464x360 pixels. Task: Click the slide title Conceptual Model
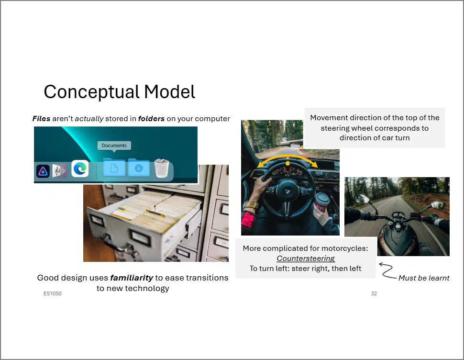(x=120, y=92)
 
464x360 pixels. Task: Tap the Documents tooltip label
(x=114, y=146)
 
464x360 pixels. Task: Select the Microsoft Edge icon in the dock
(x=80, y=169)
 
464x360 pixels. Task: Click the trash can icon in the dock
(x=162, y=168)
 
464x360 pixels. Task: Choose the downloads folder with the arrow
(x=139, y=168)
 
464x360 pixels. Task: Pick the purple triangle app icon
(x=43, y=171)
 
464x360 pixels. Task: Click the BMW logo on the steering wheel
(x=287, y=192)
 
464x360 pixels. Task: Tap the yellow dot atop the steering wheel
(x=287, y=163)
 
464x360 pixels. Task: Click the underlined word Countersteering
(x=306, y=259)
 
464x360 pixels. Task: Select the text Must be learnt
(x=424, y=278)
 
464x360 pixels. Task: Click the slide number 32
(x=374, y=293)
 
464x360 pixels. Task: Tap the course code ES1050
(x=52, y=293)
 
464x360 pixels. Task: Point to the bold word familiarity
(x=132, y=278)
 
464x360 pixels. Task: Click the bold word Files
(x=42, y=119)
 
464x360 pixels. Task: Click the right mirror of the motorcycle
(x=438, y=205)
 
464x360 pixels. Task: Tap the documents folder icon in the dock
(x=114, y=168)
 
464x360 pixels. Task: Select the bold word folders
(x=151, y=119)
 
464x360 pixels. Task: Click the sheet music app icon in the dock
(x=59, y=171)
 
